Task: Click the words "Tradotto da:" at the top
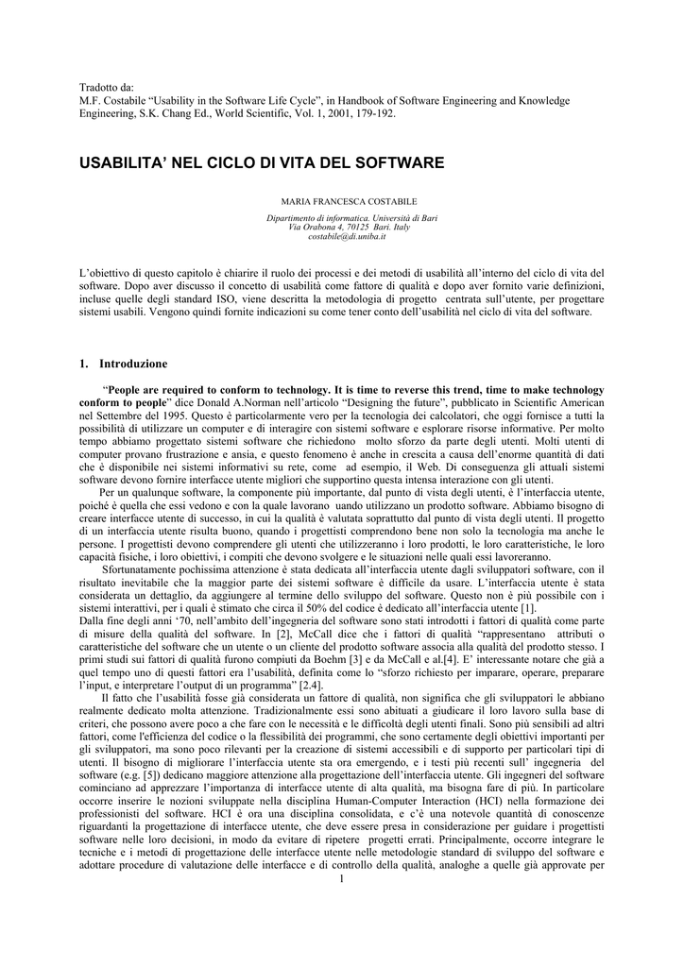click(x=105, y=87)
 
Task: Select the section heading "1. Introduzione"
click(x=124, y=364)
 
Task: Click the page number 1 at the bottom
click(x=341, y=880)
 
